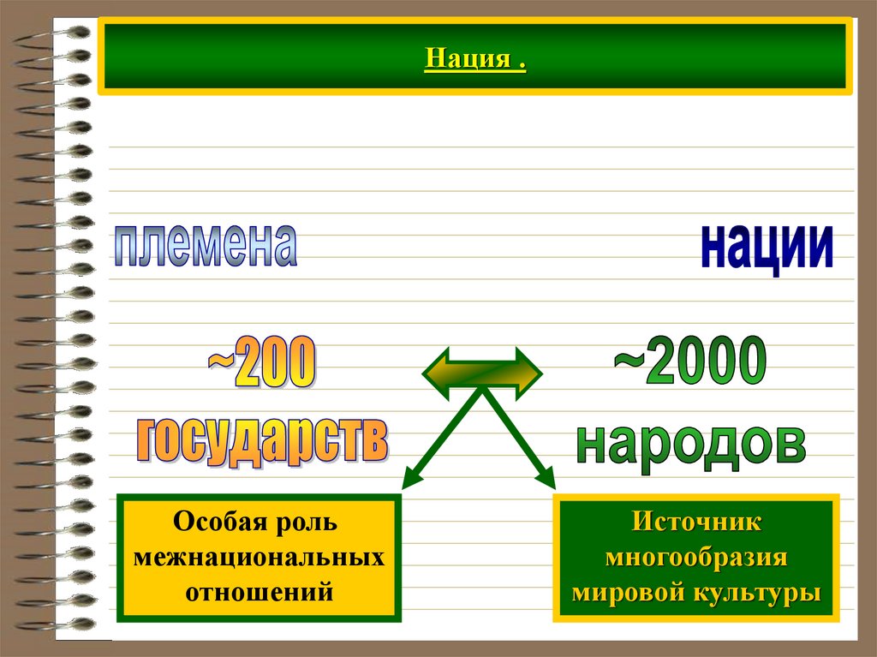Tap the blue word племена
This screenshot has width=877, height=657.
[206, 246]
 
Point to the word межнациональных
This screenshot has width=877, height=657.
[259, 557]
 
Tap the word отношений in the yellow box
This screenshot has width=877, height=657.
[259, 591]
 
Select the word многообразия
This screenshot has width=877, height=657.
[696, 557]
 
